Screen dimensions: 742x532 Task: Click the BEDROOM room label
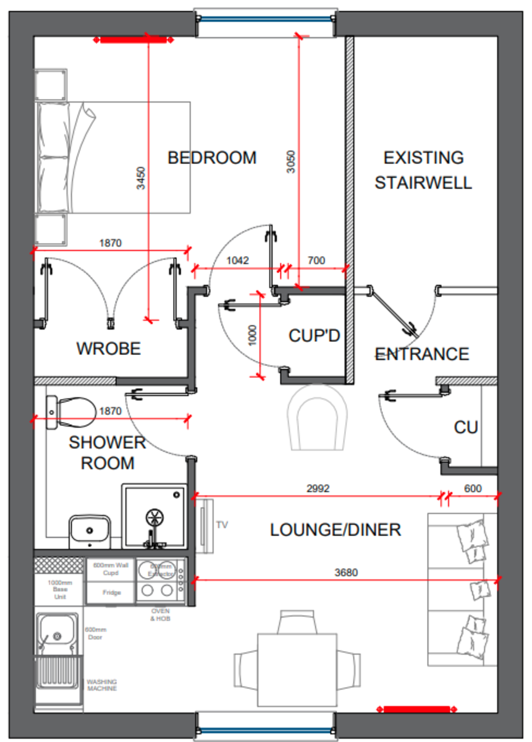[212, 158]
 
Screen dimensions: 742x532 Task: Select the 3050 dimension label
[292, 162]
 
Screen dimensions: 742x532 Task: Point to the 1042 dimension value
[237, 261]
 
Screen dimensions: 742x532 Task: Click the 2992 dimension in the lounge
[318, 488]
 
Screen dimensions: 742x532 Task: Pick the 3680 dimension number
[346, 573]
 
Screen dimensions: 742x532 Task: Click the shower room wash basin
[90, 530]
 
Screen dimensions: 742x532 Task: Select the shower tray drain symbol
[154, 517]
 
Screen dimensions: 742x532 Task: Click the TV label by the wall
[222, 525]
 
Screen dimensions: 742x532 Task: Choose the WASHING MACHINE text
[102, 685]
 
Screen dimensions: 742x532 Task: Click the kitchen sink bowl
[56, 635]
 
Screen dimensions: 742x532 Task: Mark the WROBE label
[108, 349]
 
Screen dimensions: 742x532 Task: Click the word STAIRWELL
[423, 183]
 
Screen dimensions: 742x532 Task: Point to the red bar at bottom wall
[416, 709]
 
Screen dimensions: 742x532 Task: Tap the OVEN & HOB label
[161, 615]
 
